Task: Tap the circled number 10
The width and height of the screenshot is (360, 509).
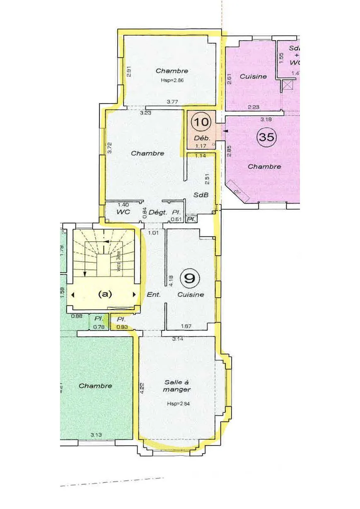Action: [203, 122]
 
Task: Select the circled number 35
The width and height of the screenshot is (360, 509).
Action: [266, 136]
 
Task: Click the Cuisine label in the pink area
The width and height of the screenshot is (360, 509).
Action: [253, 76]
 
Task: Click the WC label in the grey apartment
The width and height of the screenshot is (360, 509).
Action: [123, 212]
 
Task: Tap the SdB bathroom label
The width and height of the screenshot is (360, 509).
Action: [201, 195]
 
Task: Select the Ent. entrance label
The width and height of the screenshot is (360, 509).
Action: [154, 295]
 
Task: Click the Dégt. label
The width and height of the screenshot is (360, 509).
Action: [157, 212]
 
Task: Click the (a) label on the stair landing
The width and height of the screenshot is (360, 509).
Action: [105, 294]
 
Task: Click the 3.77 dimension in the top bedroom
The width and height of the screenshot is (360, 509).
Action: [172, 101]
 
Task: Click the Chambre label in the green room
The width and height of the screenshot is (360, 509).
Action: [95, 385]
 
